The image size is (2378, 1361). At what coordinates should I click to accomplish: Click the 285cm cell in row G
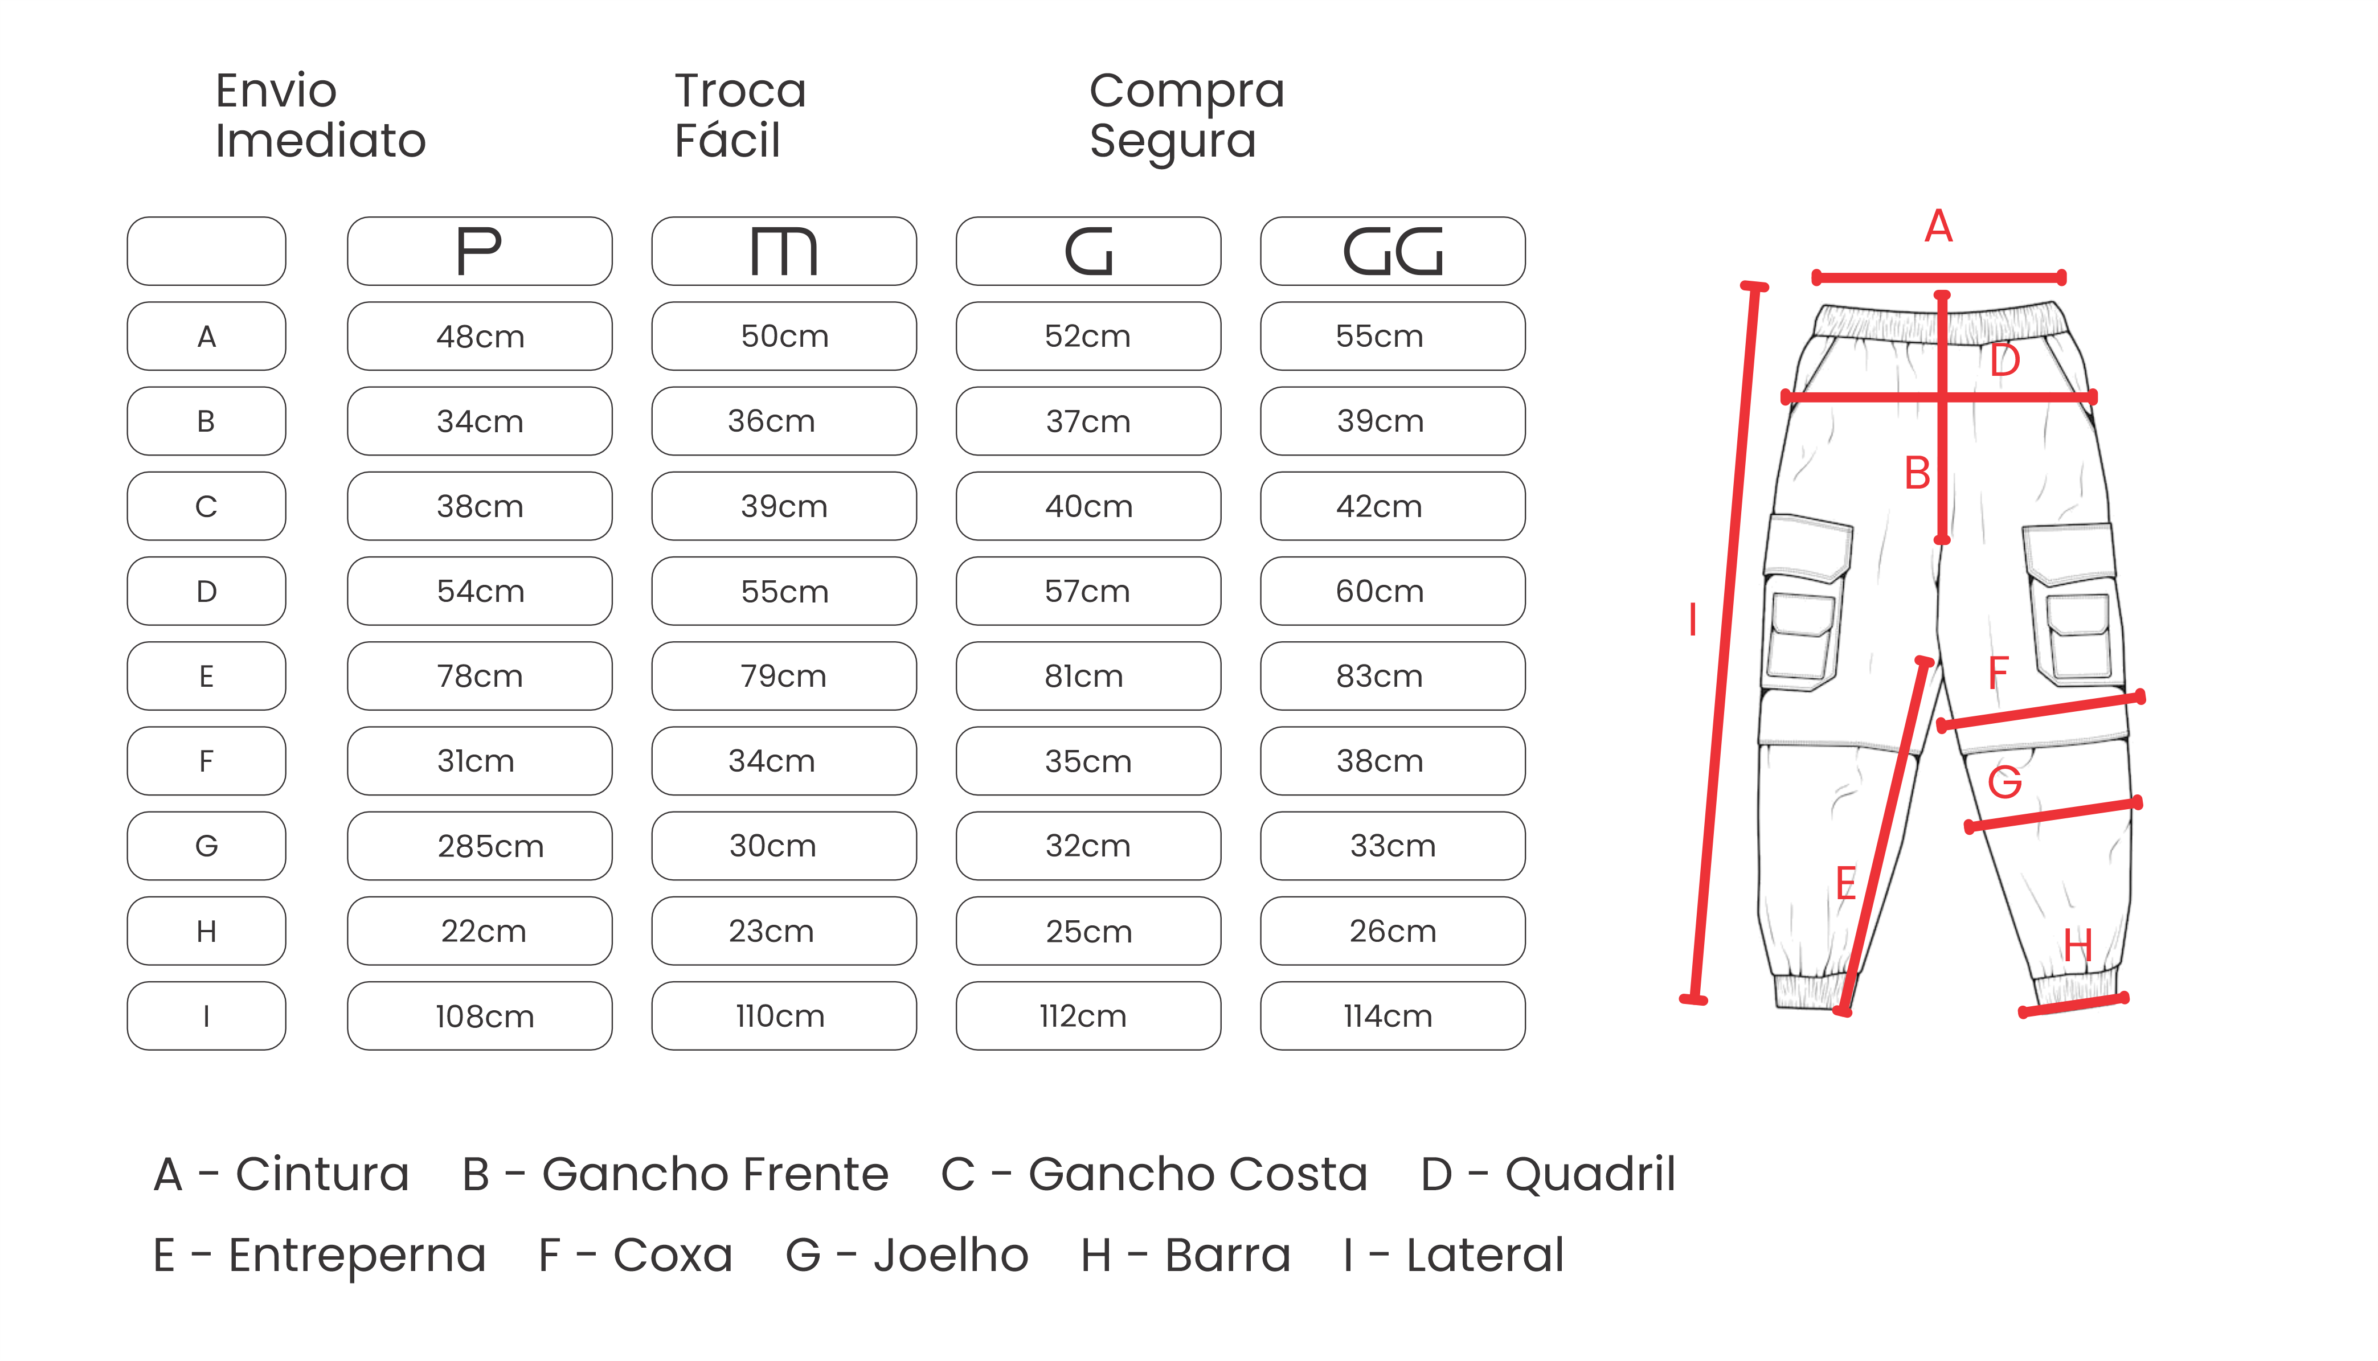coord(480,846)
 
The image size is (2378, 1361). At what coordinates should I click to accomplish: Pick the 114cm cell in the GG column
coord(1393,1016)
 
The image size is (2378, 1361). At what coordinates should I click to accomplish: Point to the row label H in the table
coord(207,931)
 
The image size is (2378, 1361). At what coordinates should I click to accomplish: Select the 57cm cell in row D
coord(1088,591)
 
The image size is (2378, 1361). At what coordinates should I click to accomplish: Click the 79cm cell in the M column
coord(784,676)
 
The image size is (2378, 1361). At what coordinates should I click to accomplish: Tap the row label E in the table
coord(207,676)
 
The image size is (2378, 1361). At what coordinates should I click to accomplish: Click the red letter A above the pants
coord(1939,226)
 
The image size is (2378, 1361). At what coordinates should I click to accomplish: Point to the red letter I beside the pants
coord(1693,620)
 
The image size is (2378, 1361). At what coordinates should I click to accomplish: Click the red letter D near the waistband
coord(2005,360)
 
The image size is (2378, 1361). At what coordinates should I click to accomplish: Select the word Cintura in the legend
coord(322,1174)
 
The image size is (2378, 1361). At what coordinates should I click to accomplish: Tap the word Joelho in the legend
coord(951,1255)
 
